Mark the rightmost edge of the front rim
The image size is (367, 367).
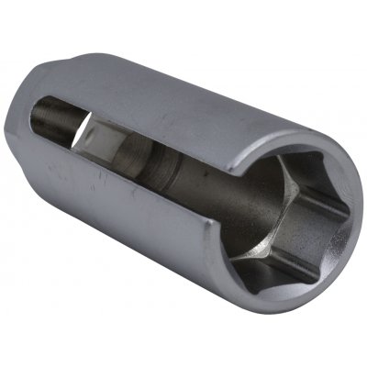click(x=354, y=229)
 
